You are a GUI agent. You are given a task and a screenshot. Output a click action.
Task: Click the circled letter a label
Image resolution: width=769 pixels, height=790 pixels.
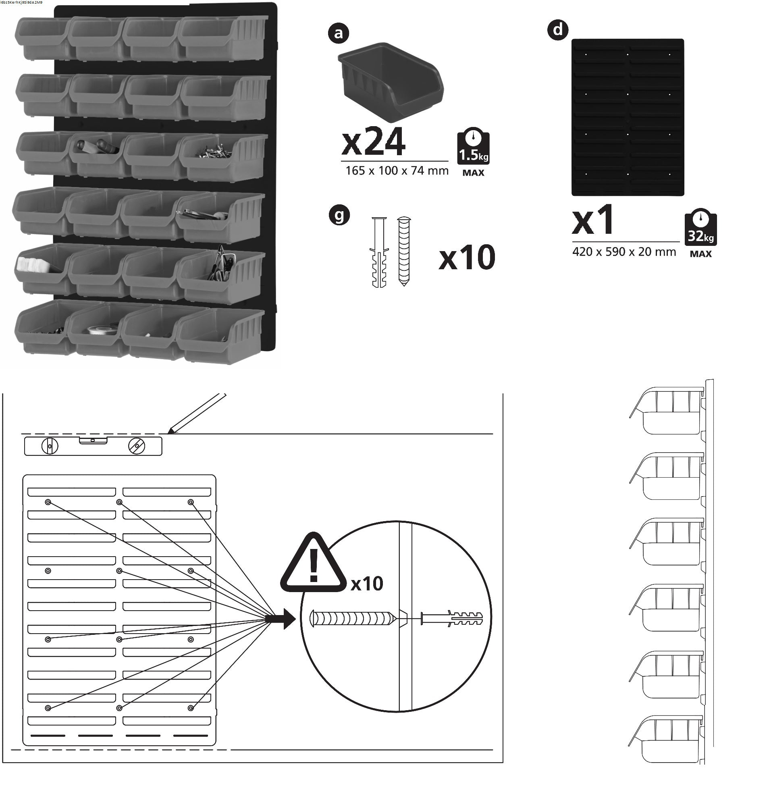click(x=339, y=33)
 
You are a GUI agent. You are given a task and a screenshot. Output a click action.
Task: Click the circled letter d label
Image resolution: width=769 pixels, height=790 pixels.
click(x=558, y=29)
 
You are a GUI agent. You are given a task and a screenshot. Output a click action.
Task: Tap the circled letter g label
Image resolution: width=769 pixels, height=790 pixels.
click(x=339, y=215)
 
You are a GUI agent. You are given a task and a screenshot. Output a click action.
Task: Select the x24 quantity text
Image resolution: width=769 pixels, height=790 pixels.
click(x=373, y=142)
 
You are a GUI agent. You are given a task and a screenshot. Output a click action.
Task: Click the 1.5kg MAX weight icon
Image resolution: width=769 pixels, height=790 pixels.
click(x=473, y=152)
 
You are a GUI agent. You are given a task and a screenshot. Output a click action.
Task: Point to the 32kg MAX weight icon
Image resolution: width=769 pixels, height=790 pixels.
click(x=700, y=232)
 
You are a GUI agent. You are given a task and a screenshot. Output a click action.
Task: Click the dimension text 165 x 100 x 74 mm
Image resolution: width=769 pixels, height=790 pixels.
click(x=397, y=171)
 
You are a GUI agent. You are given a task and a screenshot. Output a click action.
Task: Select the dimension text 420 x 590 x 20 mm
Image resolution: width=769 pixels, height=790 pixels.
click(x=624, y=252)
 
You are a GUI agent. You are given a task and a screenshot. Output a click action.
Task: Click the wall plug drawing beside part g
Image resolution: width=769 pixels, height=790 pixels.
click(x=379, y=252)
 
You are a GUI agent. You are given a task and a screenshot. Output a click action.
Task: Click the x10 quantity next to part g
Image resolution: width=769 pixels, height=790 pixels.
click(x=467, y=258)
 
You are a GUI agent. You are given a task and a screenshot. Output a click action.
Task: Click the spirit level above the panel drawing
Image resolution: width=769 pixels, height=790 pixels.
click(x=93, y=446)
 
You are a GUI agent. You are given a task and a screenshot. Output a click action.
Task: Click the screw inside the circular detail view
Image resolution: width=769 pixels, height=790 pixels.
click(x=351, y=618)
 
